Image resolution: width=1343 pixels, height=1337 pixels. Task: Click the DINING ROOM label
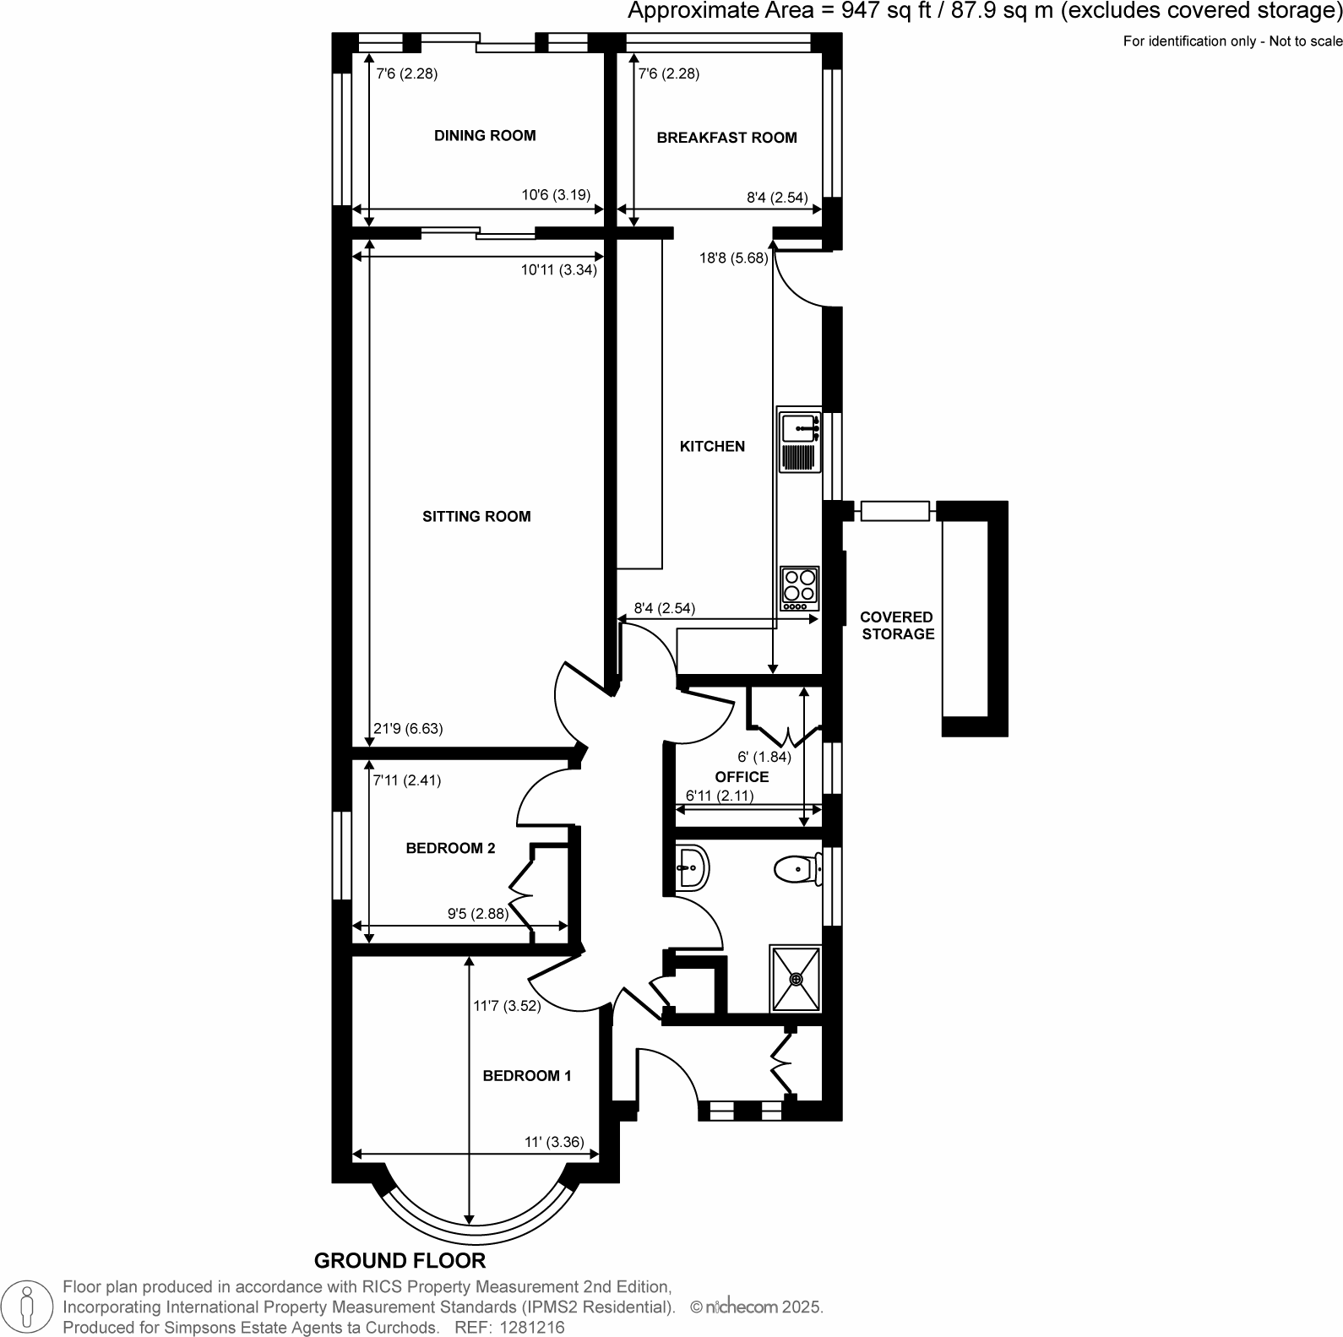(484, 135)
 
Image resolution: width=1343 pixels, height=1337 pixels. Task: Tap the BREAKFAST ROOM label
(726, 138)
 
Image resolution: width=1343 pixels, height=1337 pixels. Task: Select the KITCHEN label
(712, 446)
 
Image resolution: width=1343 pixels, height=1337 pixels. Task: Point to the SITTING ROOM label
(476, 516)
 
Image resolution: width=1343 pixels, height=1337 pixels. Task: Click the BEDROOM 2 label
(450, 848)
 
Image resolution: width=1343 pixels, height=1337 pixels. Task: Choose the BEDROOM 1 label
(527, 1075)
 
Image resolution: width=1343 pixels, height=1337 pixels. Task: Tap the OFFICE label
(742, 776)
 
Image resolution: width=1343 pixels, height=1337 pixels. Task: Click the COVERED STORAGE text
(897, 626)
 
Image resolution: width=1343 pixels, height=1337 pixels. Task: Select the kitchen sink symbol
(799, 428)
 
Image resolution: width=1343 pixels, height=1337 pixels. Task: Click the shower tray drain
(796, 979)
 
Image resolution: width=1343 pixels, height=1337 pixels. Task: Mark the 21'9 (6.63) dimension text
(407, 728)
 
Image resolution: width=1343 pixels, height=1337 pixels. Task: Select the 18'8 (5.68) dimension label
(733, 258)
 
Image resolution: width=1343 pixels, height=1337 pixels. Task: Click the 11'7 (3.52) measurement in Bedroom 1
(507, 1005)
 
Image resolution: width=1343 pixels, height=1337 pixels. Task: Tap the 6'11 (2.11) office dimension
(719, 795)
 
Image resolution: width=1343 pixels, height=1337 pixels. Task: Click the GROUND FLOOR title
(400, 1261)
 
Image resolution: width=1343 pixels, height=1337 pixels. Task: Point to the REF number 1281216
(533, 1328)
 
